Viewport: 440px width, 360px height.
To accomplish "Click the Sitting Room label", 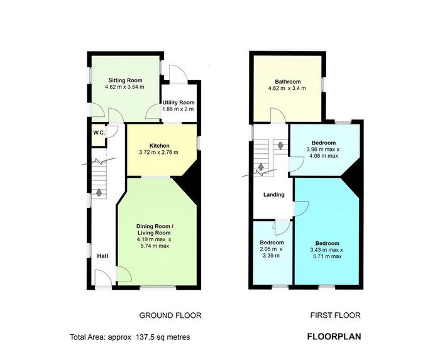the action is coord(125,80).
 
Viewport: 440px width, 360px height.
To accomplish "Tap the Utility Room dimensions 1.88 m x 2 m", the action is coord(178,109).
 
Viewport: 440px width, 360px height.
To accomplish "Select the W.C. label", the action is coord(99,133).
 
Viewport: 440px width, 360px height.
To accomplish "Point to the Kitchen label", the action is coord(159,146).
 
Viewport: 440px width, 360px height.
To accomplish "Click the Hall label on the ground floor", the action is coord(102,256).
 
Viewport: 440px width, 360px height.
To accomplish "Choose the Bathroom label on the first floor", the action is coord(288,82).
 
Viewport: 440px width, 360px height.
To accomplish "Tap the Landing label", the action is coord(274,195).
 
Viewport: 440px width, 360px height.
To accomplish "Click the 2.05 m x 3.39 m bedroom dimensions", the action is coord(272,253).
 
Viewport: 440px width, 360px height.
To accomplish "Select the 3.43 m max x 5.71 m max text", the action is coord(326,253).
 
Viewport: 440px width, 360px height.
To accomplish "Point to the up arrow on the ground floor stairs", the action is coord(99,192).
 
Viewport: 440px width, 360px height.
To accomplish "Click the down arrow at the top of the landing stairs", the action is coord(280,146).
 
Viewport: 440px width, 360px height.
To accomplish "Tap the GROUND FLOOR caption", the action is coord(170,315).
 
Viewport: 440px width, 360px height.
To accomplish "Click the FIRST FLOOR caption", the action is coord(335,315).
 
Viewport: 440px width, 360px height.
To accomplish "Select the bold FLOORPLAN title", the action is coord(334,337).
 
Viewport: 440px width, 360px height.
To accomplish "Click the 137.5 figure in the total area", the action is coord(145,337).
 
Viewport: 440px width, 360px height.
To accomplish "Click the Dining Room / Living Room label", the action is coord(153,229).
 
